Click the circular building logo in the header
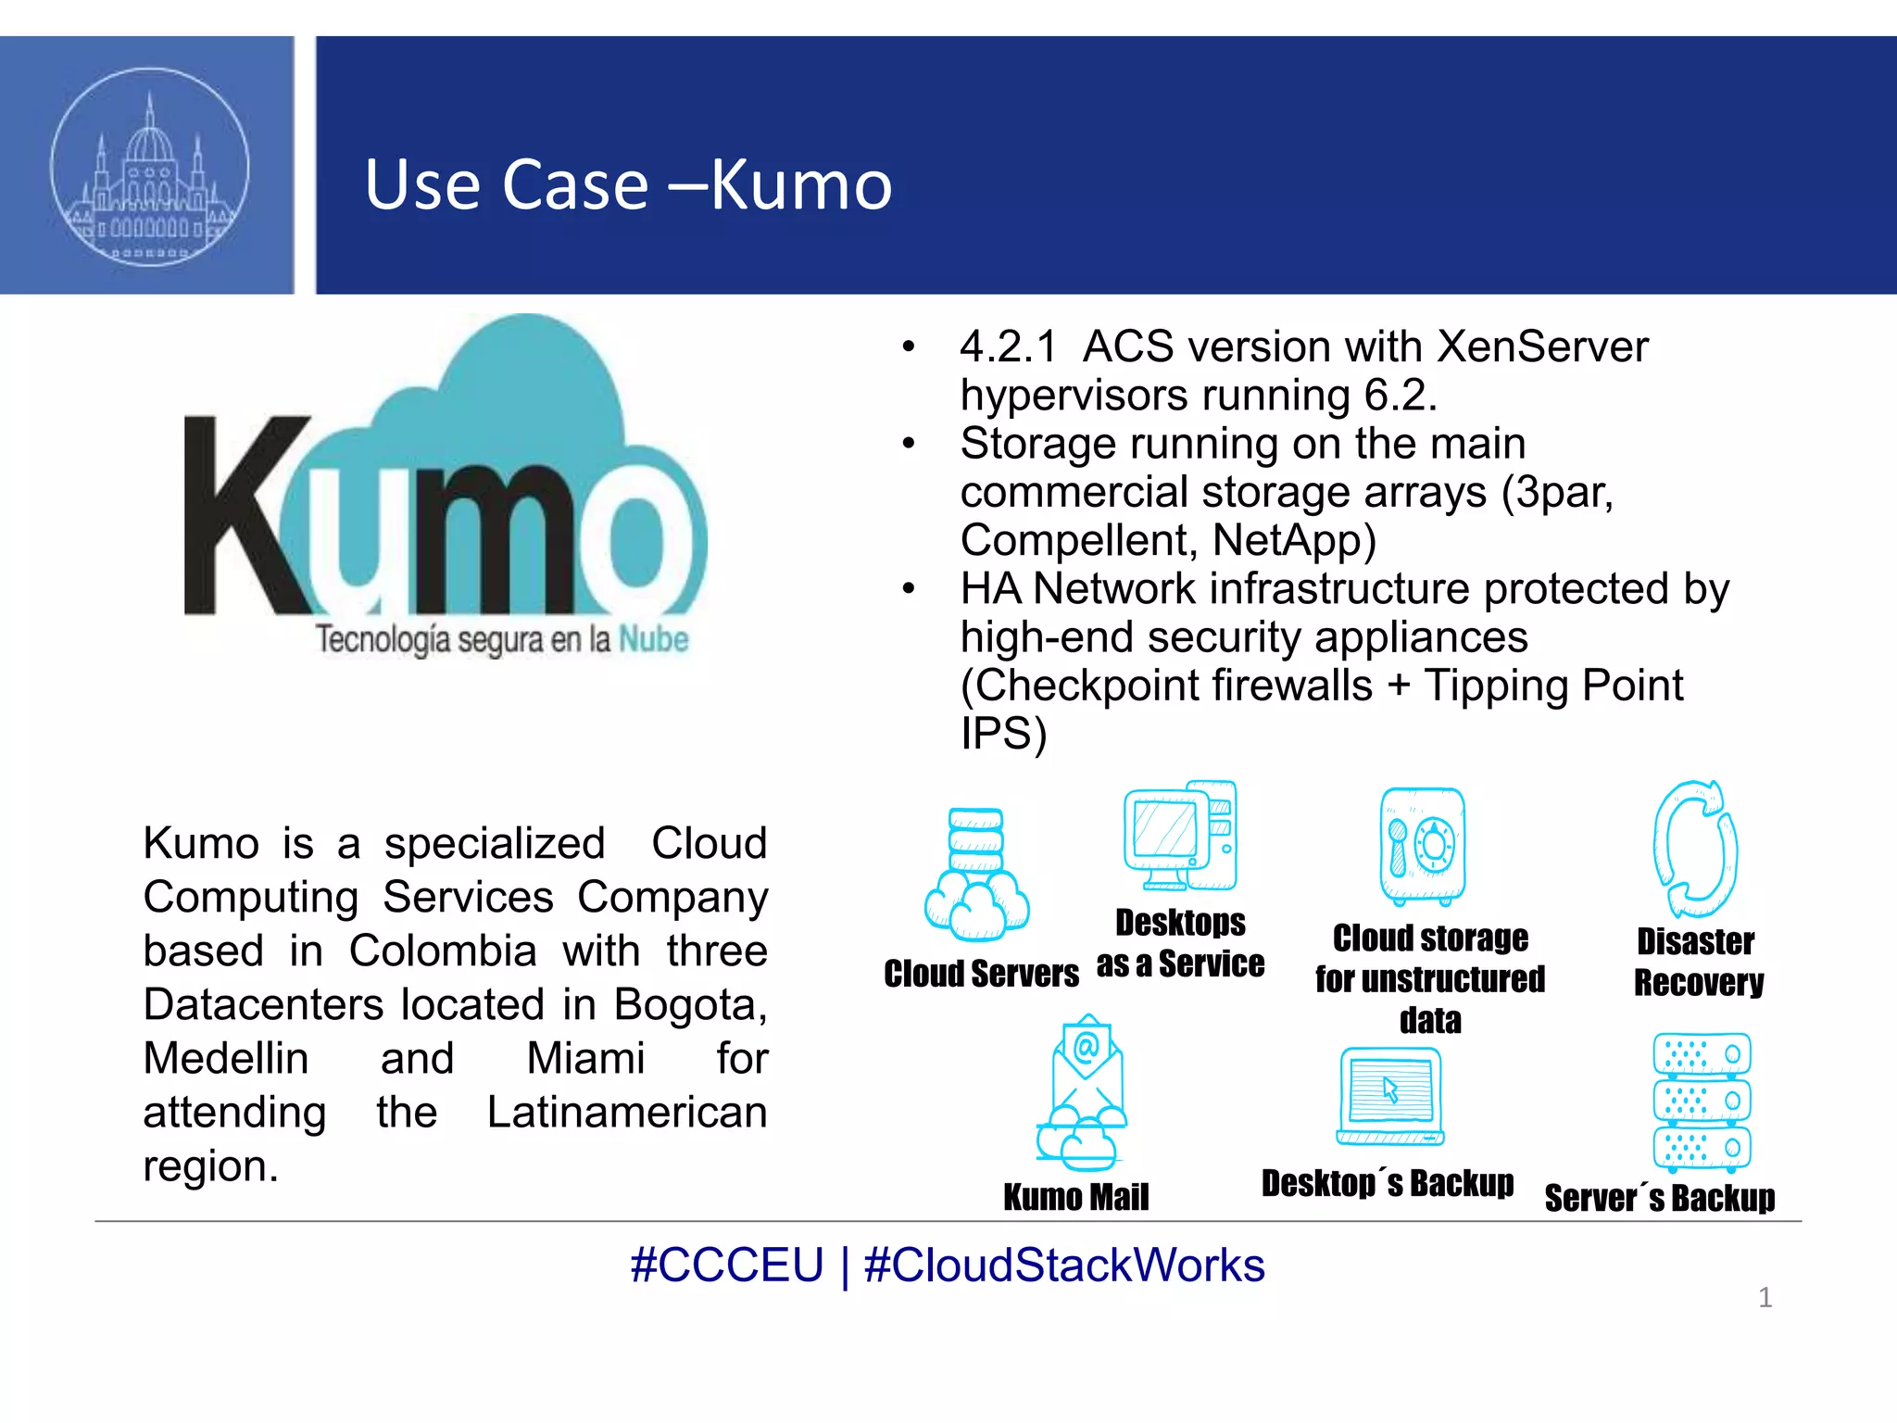[x=149, y=167]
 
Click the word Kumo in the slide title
[x=801, y=184]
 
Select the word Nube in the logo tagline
[x=653, y=639]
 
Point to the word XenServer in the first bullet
[x=1542, y=347]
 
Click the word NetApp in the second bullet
[x=1294, y=540]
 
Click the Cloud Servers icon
[x=976, y=875]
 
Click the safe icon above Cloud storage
[x=1422, y=846]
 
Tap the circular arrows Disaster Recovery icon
[x=1695, y=848]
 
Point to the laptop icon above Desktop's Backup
[x=1390, y=1097]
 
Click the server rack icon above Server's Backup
[x=1702, y=1102]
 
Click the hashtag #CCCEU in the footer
[x=726, y=1266]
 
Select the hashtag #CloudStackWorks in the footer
[x=1063, y=1266]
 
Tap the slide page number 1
[x=1765, y=1298]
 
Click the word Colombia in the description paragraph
[x=443, y=951]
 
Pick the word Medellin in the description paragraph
[x=225, y=1059]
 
